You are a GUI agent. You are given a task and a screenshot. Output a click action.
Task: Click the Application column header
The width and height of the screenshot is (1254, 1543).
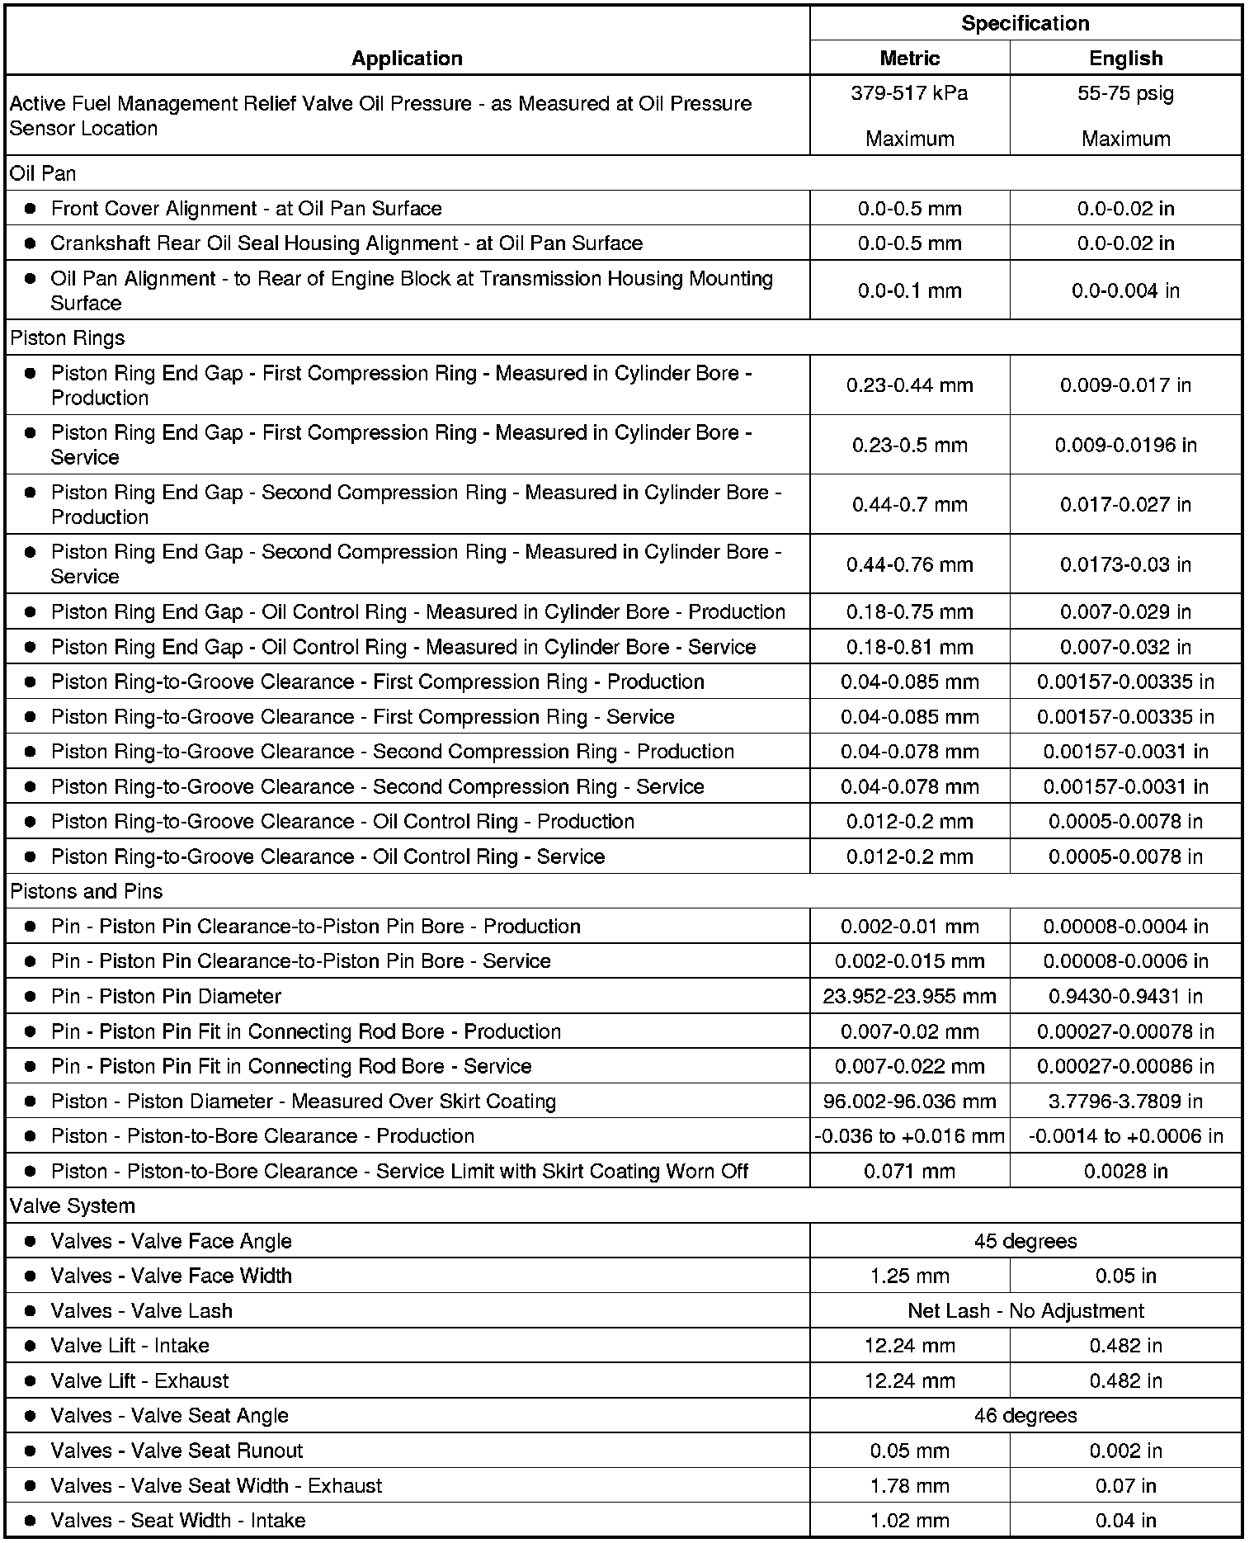click(407, 59)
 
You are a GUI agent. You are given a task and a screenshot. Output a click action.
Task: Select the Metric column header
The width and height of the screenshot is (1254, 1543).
click(910, 59)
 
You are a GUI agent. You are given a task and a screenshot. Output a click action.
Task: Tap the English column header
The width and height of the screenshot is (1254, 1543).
click(1126, 59)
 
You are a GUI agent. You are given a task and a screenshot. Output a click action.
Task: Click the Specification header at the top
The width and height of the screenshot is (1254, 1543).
click(1025, 23)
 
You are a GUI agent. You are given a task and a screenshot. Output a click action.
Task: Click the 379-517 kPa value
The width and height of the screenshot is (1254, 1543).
click(910, 93)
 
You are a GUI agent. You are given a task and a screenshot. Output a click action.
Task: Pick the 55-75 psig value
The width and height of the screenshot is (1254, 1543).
click(1126, 93)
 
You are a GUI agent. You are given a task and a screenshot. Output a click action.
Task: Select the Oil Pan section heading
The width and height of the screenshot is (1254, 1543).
click(43, 173)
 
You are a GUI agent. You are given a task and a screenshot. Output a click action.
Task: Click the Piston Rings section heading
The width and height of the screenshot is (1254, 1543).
click(68, 338)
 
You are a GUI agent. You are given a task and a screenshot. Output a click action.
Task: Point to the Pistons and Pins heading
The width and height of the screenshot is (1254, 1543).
click(87, 892)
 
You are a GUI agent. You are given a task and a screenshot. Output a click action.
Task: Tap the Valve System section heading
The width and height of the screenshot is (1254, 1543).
click(73, 1206)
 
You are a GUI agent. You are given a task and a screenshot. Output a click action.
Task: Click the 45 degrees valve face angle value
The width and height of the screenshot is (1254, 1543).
click(1025, 1241)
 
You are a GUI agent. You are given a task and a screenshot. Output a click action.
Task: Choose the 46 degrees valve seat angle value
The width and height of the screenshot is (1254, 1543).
click(1025, 1416)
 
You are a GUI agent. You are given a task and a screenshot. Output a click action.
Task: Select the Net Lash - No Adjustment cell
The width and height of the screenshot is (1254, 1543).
click(1025, 1311)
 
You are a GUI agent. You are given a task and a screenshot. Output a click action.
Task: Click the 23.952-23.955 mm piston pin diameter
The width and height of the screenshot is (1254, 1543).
click(910, 997)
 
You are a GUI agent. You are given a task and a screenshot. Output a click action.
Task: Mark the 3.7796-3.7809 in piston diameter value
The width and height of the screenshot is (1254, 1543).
click(1126, 1102)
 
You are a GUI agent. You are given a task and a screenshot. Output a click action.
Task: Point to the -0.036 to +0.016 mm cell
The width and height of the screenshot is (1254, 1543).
click(910, 1136)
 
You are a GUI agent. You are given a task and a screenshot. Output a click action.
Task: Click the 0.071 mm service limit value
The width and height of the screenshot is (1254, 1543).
click(910, 1172)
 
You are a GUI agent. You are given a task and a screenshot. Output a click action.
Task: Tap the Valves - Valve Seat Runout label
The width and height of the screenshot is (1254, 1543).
click(177, 1451)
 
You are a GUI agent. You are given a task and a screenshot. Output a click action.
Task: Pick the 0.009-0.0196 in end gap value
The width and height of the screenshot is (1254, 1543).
click(1126, 446)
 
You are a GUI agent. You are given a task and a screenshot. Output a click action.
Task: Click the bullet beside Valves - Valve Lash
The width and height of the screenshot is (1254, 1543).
click(31, 1311)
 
